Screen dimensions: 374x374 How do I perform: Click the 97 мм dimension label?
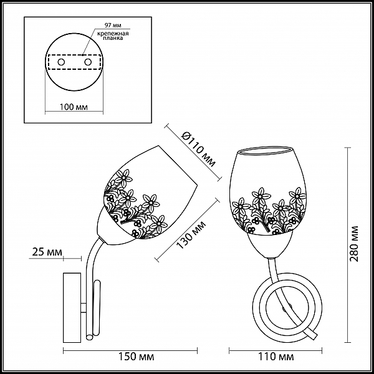click(113, 26)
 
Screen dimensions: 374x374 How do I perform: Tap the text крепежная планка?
click(113, 36)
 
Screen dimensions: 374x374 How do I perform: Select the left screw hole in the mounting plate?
click(61, 62)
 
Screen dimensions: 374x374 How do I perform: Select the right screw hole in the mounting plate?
click(88, 62)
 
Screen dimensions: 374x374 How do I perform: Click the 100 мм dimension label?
click(74, 107)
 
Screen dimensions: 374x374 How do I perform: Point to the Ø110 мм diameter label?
click(198, 150)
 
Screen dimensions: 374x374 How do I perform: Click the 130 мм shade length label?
click(191, 235)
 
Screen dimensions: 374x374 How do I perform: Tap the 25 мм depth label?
click(47, 252)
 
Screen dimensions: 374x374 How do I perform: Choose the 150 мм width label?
click(136, 357)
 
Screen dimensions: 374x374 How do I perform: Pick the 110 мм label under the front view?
click(276, 357)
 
